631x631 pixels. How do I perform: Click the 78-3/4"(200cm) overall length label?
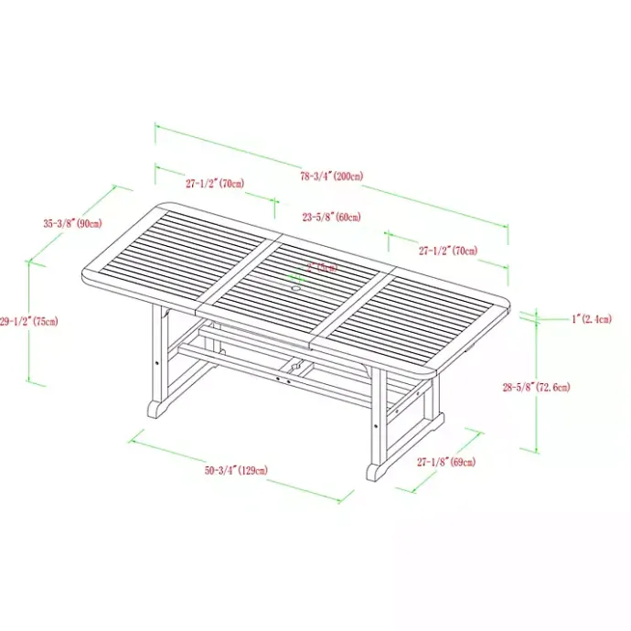tap(332, 176)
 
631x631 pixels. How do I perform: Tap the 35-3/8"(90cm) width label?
tap(71, 223)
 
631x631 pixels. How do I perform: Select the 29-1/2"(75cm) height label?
tap(28, 321)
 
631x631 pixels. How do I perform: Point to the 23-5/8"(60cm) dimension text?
tap(331, 217)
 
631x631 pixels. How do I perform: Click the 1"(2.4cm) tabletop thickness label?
tap(594, 319)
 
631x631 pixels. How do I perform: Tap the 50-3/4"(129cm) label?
tap(236, 470)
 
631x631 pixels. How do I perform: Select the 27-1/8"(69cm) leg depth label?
tap(445, 462)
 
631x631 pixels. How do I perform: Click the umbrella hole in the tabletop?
tap(296, 290)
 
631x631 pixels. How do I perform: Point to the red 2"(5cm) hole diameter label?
tap(322, 267)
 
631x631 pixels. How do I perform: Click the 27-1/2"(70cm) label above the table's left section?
tap(215, 183)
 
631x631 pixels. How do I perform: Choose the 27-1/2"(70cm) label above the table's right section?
tap(448, 250)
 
